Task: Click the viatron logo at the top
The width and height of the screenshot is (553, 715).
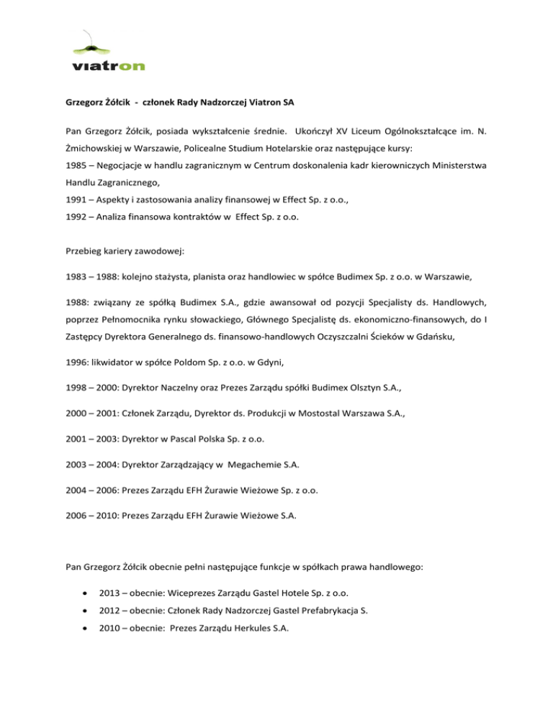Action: pyautogui.click(x=109, y=54)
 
